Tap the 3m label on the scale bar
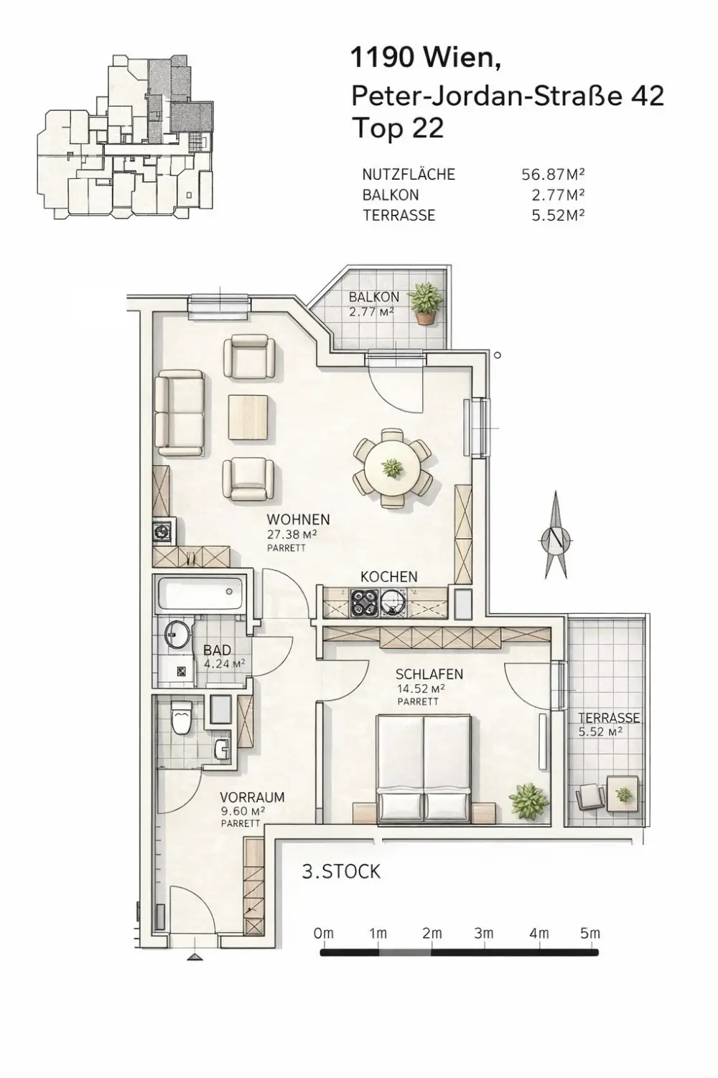coord(484,934)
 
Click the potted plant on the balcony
coord(424,304)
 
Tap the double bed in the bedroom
coord(424,768)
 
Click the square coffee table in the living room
coord(248,418)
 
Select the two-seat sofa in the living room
coord(180,414)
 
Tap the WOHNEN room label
coord(298,520)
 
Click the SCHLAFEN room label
coord(429,674)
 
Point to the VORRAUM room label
coord(252,797)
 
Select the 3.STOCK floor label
coord(341,872)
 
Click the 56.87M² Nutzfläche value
coord(553,175)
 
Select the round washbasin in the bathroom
coord(177,634)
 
